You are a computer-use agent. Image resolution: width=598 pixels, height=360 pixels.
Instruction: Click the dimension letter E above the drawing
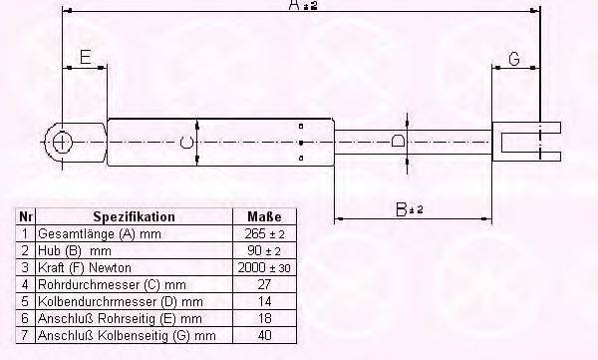coord(86,57)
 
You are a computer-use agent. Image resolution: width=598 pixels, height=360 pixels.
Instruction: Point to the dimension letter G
coord(514,59)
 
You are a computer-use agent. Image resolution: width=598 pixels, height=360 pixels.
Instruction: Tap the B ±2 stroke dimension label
coord(410,209)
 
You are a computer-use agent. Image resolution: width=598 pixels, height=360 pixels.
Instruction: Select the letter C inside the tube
coord(186,143)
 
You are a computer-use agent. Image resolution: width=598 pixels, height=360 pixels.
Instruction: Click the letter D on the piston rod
coord(398,142)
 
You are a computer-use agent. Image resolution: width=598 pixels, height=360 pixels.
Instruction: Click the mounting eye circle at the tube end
coord(61,143)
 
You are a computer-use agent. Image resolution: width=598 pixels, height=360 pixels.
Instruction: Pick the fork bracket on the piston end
coord(526,142)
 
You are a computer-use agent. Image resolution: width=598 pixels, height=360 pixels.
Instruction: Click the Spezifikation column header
coord(134,216)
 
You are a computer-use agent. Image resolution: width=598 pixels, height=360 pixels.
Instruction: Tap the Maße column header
coord(264,216)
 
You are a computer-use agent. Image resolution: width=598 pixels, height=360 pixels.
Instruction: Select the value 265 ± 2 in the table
coord(265,233)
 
